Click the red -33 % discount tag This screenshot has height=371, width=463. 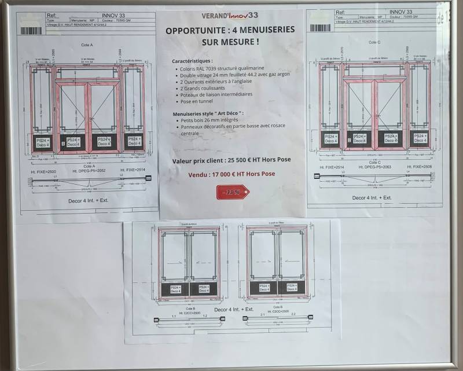pyautogui.click(x=232, y=192)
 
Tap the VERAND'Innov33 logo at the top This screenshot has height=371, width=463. pyautogui.click(x=230, y=16)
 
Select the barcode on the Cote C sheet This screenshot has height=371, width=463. pyautogui.click(x=320, y=27)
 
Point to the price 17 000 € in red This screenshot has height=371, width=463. pyautogui.click(x=230, y=174)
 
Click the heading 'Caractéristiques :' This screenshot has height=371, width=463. pyautogui.click(x=192, y=60)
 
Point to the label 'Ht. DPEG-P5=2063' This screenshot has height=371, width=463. pyautogui.click(x=372, y=166)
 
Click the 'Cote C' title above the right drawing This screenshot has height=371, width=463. pyautogui.click(x=374, y=42)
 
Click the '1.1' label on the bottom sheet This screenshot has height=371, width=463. pyautogui.click(x=174, y=317)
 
